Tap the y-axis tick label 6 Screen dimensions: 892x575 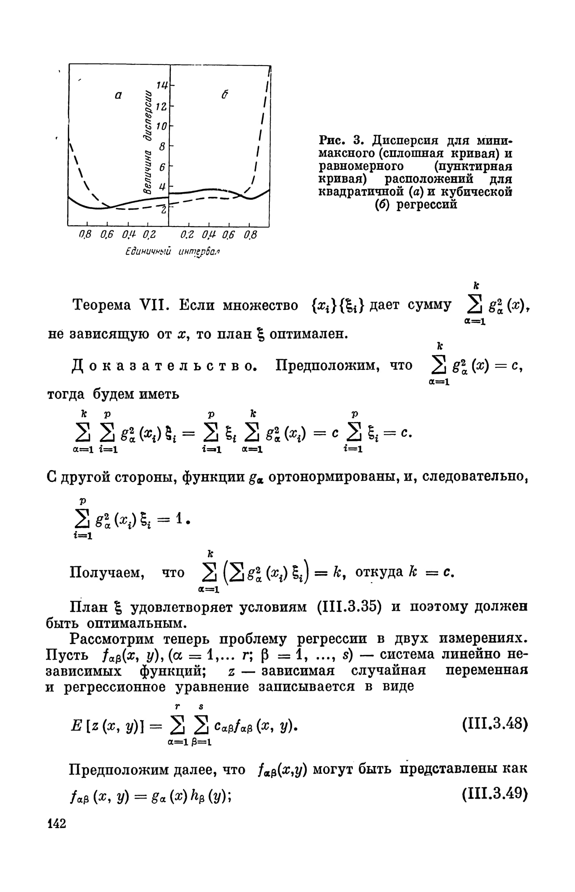(x=162, y=168)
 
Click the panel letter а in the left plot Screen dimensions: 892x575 (x=118, y=95)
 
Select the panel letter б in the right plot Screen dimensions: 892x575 (x=225, y=95)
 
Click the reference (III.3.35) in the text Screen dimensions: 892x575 (x=349, y=607)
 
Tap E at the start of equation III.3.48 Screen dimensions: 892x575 (x=75, y=725)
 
